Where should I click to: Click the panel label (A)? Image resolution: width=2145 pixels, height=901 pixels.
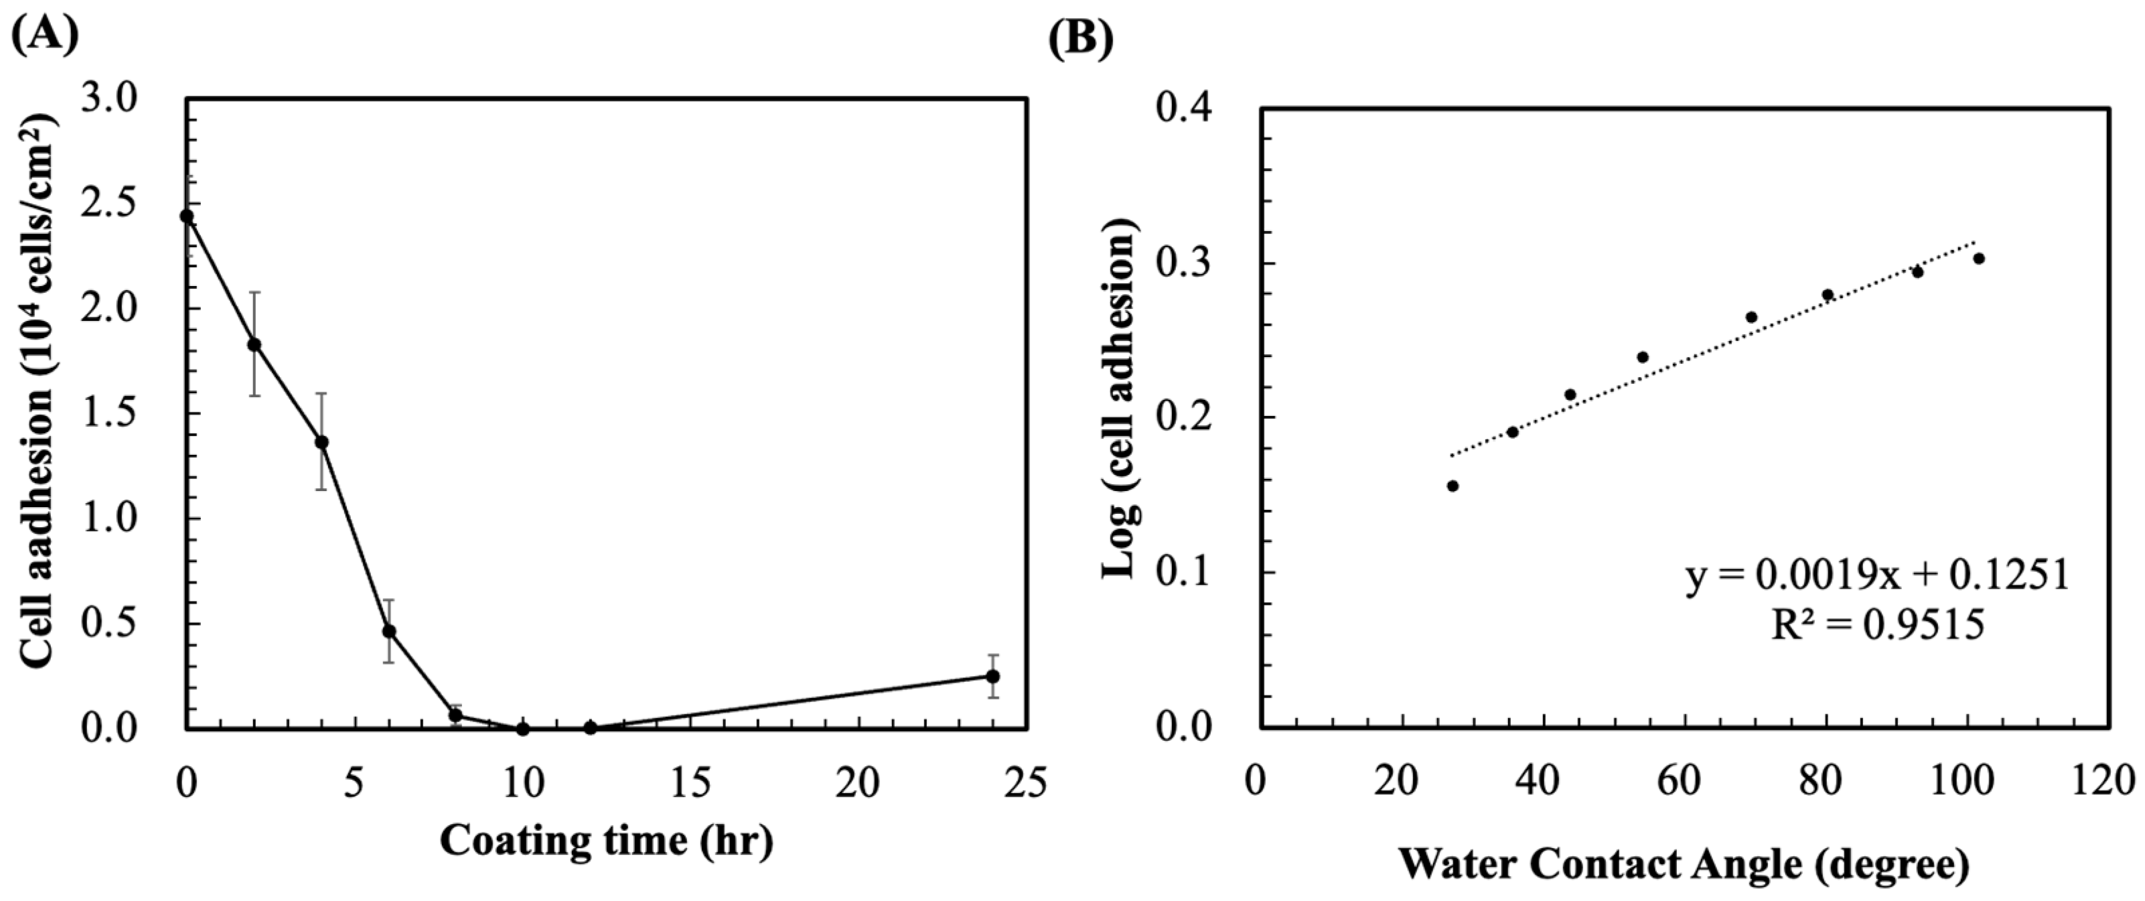[45, 34]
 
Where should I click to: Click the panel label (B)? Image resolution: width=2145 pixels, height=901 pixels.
[1080, 34]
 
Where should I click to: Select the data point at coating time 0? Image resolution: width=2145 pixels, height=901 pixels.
[187, 216]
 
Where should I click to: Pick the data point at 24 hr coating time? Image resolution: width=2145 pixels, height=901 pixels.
[992, 676]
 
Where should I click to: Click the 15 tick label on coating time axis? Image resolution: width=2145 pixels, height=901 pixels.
[690, 782]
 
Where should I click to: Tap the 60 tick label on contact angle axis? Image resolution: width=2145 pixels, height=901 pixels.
[1684, 782]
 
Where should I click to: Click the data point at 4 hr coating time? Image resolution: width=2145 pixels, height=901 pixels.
[321, 442]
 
